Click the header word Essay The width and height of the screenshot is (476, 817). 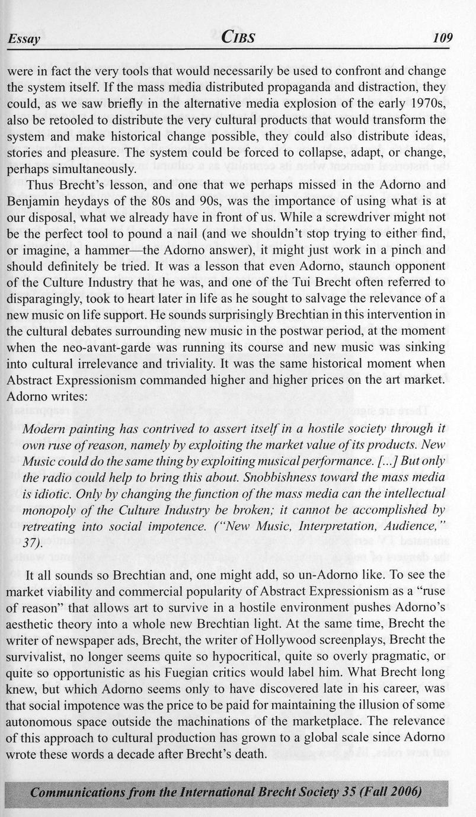click(24, 40)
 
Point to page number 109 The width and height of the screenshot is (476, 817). click(442, 39)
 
